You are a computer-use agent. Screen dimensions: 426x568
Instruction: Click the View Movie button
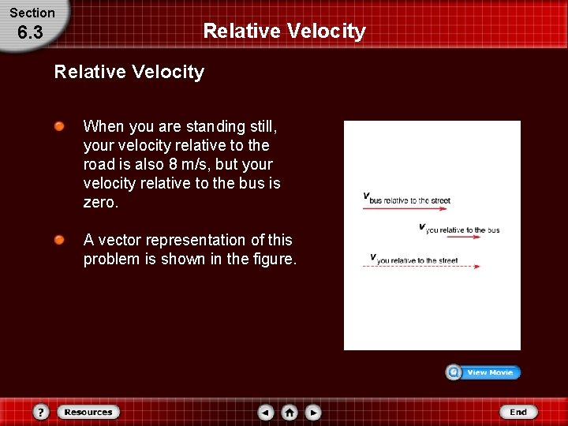pyautogui.click(x=484, y=372)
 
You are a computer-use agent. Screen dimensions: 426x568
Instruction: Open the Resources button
pyautogui.click(x=88, y=412)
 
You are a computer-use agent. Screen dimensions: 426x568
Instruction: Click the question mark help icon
pyautogui.click(x=41, y=412)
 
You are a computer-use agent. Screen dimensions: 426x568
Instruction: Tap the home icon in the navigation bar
pyautogui.click(x=290, y=412)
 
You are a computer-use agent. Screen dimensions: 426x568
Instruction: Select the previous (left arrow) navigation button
pyautogui.click(x=266, y=412)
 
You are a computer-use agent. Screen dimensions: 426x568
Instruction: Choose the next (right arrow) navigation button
pyautogui.click(x=313, y=412)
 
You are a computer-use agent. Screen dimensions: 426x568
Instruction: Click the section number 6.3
pyautogui.click(x=30, y=32)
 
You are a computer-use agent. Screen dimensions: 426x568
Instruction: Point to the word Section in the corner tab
pyautogui.click(x=32, y=13)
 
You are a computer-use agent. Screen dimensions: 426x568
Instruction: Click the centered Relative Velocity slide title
pyautogui.click(x=284, y=31)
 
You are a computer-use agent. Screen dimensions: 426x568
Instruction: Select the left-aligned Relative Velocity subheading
pyautogui.click(x=129, y=72)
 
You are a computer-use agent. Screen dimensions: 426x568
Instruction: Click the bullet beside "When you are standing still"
pyautogui.click(x=59, y=126)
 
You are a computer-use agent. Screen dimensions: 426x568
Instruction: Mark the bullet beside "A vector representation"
pyautogui.click(x=59, y=240)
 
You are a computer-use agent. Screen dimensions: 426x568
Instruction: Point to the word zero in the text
pyautogui.click(x=99, y=202)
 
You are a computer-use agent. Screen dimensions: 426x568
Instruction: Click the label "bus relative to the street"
pyautogui.click(x=409, y=200)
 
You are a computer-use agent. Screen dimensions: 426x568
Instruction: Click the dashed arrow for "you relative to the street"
pyautogui.click(x=420, y=267)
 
